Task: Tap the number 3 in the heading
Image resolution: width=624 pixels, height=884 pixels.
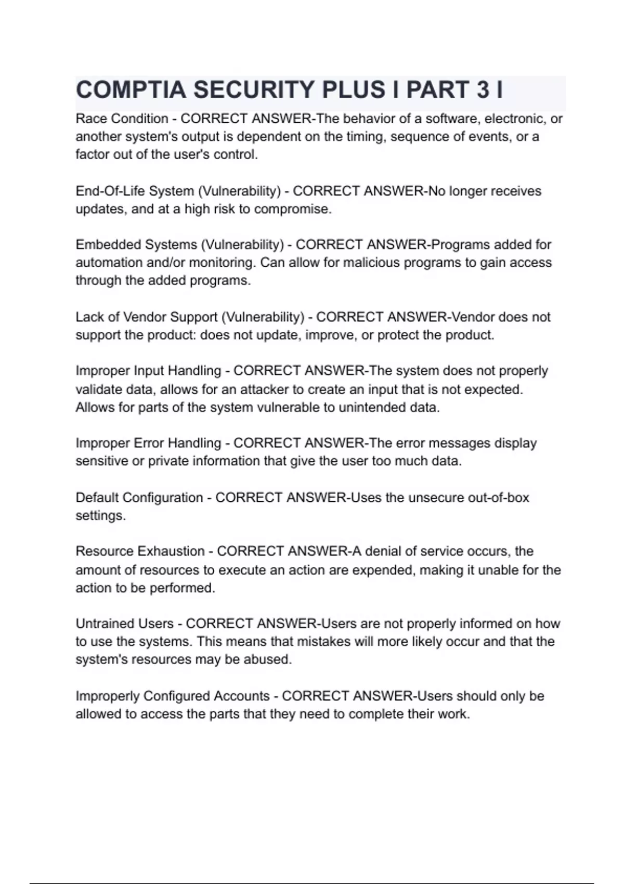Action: click(483, 90)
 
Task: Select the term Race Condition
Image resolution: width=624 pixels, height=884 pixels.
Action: click(122, 119)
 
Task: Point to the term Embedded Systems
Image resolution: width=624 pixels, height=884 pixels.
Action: click(136, 245)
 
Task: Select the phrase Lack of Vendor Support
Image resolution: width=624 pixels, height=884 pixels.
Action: click(146, 317)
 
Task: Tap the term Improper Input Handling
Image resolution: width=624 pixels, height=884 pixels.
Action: click(148, 371)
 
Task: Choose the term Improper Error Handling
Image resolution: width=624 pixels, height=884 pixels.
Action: click(148, 443)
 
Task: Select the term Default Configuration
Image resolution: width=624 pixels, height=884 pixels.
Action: click(139, 498)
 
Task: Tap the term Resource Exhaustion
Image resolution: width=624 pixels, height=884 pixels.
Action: click(140, 551)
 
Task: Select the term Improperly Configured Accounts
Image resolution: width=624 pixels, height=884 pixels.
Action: click(172, 696)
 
